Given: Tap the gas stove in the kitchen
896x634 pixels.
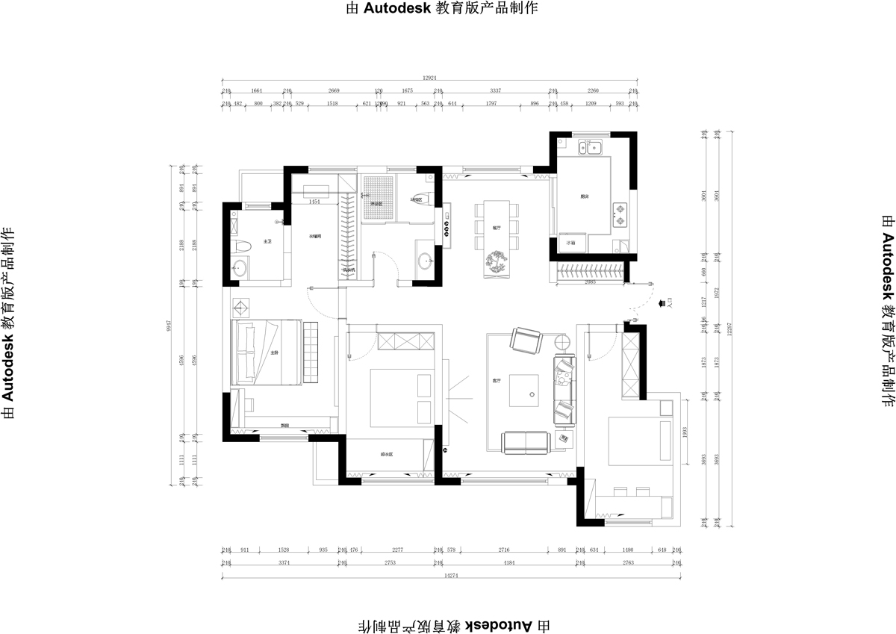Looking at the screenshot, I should click(x=620, y=214).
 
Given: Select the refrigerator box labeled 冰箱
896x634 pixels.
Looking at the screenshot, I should click(x=572, y=243).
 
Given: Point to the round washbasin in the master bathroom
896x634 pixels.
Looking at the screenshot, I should click(x=240, y=269).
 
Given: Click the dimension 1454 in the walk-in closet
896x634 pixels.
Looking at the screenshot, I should click(x=314, y=202).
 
